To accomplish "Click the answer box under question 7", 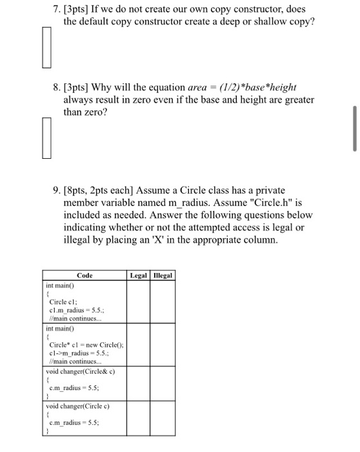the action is pyautogui.click(x=46, y=47).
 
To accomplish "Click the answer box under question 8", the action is pyautogui.click(x=46, y=138).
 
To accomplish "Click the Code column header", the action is pyautogui.click(x=85, y=276).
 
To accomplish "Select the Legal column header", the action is pyautogui.click(x=138, y=276).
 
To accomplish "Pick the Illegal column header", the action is pyautogui.click(x=163, y=276).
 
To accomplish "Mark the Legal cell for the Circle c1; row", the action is pyautogui.click(x=138, y=302).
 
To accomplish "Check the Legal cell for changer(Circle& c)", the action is pyautogui.click(x=138, y=385).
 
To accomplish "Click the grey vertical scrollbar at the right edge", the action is pyautogui.click(x=354, y=129).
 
